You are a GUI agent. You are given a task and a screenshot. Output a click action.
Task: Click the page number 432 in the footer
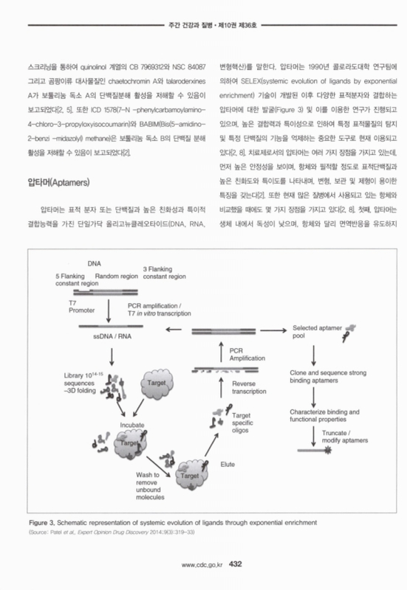coord(236,564)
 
